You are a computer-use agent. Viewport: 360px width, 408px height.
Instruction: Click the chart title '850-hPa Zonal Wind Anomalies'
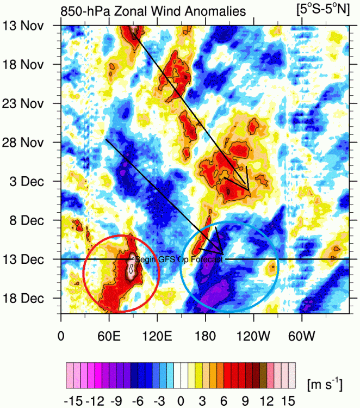(x=153, y=10)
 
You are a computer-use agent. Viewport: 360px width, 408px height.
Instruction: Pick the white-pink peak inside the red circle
(x=131, y=266)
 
